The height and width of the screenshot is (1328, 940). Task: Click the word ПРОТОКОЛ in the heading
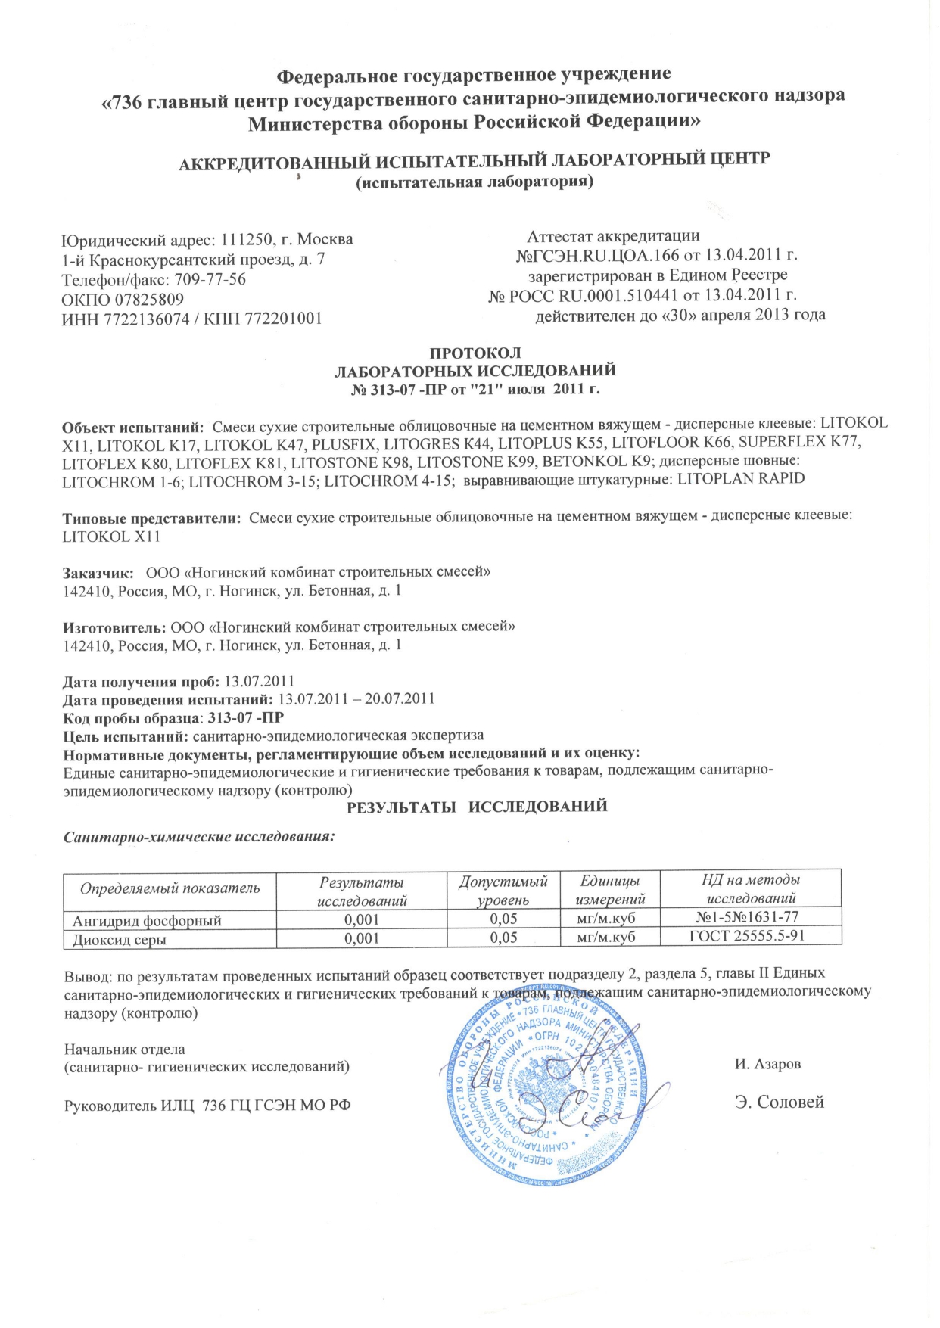click(475, 353)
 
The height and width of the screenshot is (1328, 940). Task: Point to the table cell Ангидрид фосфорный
click(147, 921)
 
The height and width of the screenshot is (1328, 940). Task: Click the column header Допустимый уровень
click(503, 890)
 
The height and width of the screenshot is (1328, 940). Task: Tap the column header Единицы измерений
click(610, 890)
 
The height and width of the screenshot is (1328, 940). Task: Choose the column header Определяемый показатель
click(170, 888)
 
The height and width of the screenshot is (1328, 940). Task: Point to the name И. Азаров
click(767, 1064)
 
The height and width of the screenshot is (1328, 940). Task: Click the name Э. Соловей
click(780, 1102)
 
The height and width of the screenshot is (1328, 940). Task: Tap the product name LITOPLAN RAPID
click(741, 479)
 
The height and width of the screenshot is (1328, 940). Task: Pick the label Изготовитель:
click(114, 627)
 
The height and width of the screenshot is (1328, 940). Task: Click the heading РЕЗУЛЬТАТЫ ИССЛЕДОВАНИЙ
click(477, 806)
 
